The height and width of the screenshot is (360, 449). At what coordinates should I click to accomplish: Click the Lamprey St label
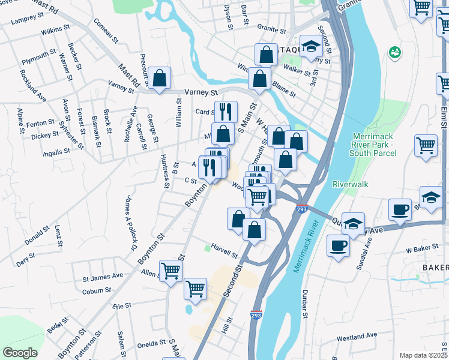click(26, 20)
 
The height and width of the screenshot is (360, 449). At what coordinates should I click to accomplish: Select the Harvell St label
click(224, 254)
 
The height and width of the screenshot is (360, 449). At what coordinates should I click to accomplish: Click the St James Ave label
click(103, 277)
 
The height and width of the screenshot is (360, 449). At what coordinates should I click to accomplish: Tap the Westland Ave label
click(357, 337)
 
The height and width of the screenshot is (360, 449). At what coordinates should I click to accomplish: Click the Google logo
click(20, 353)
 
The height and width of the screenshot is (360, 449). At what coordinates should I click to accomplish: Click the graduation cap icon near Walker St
click(311, 47)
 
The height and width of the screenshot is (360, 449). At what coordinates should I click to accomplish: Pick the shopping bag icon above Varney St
click(160, 77)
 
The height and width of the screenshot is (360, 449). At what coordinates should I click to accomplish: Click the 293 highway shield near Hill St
click(255, 314)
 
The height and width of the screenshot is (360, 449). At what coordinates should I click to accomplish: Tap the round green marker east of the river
click(394, 53)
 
